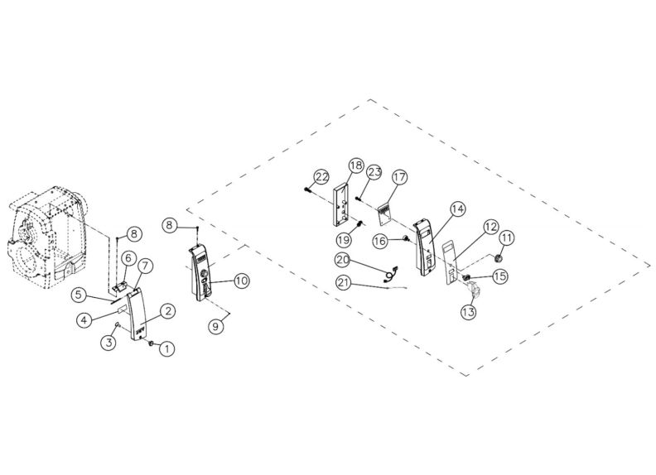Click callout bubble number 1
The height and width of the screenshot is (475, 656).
(166, 349)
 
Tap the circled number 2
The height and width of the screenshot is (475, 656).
(166, 311)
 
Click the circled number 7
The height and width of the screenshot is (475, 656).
(144, 266)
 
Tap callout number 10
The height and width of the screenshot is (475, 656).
(241, 281)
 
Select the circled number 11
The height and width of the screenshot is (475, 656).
(506, 237)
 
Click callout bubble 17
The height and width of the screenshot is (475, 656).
(399, 177)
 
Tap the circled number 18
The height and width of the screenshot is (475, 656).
(355, 166)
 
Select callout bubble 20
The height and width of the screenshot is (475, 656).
(344, 260)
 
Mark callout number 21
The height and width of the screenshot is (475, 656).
(344, 284)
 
